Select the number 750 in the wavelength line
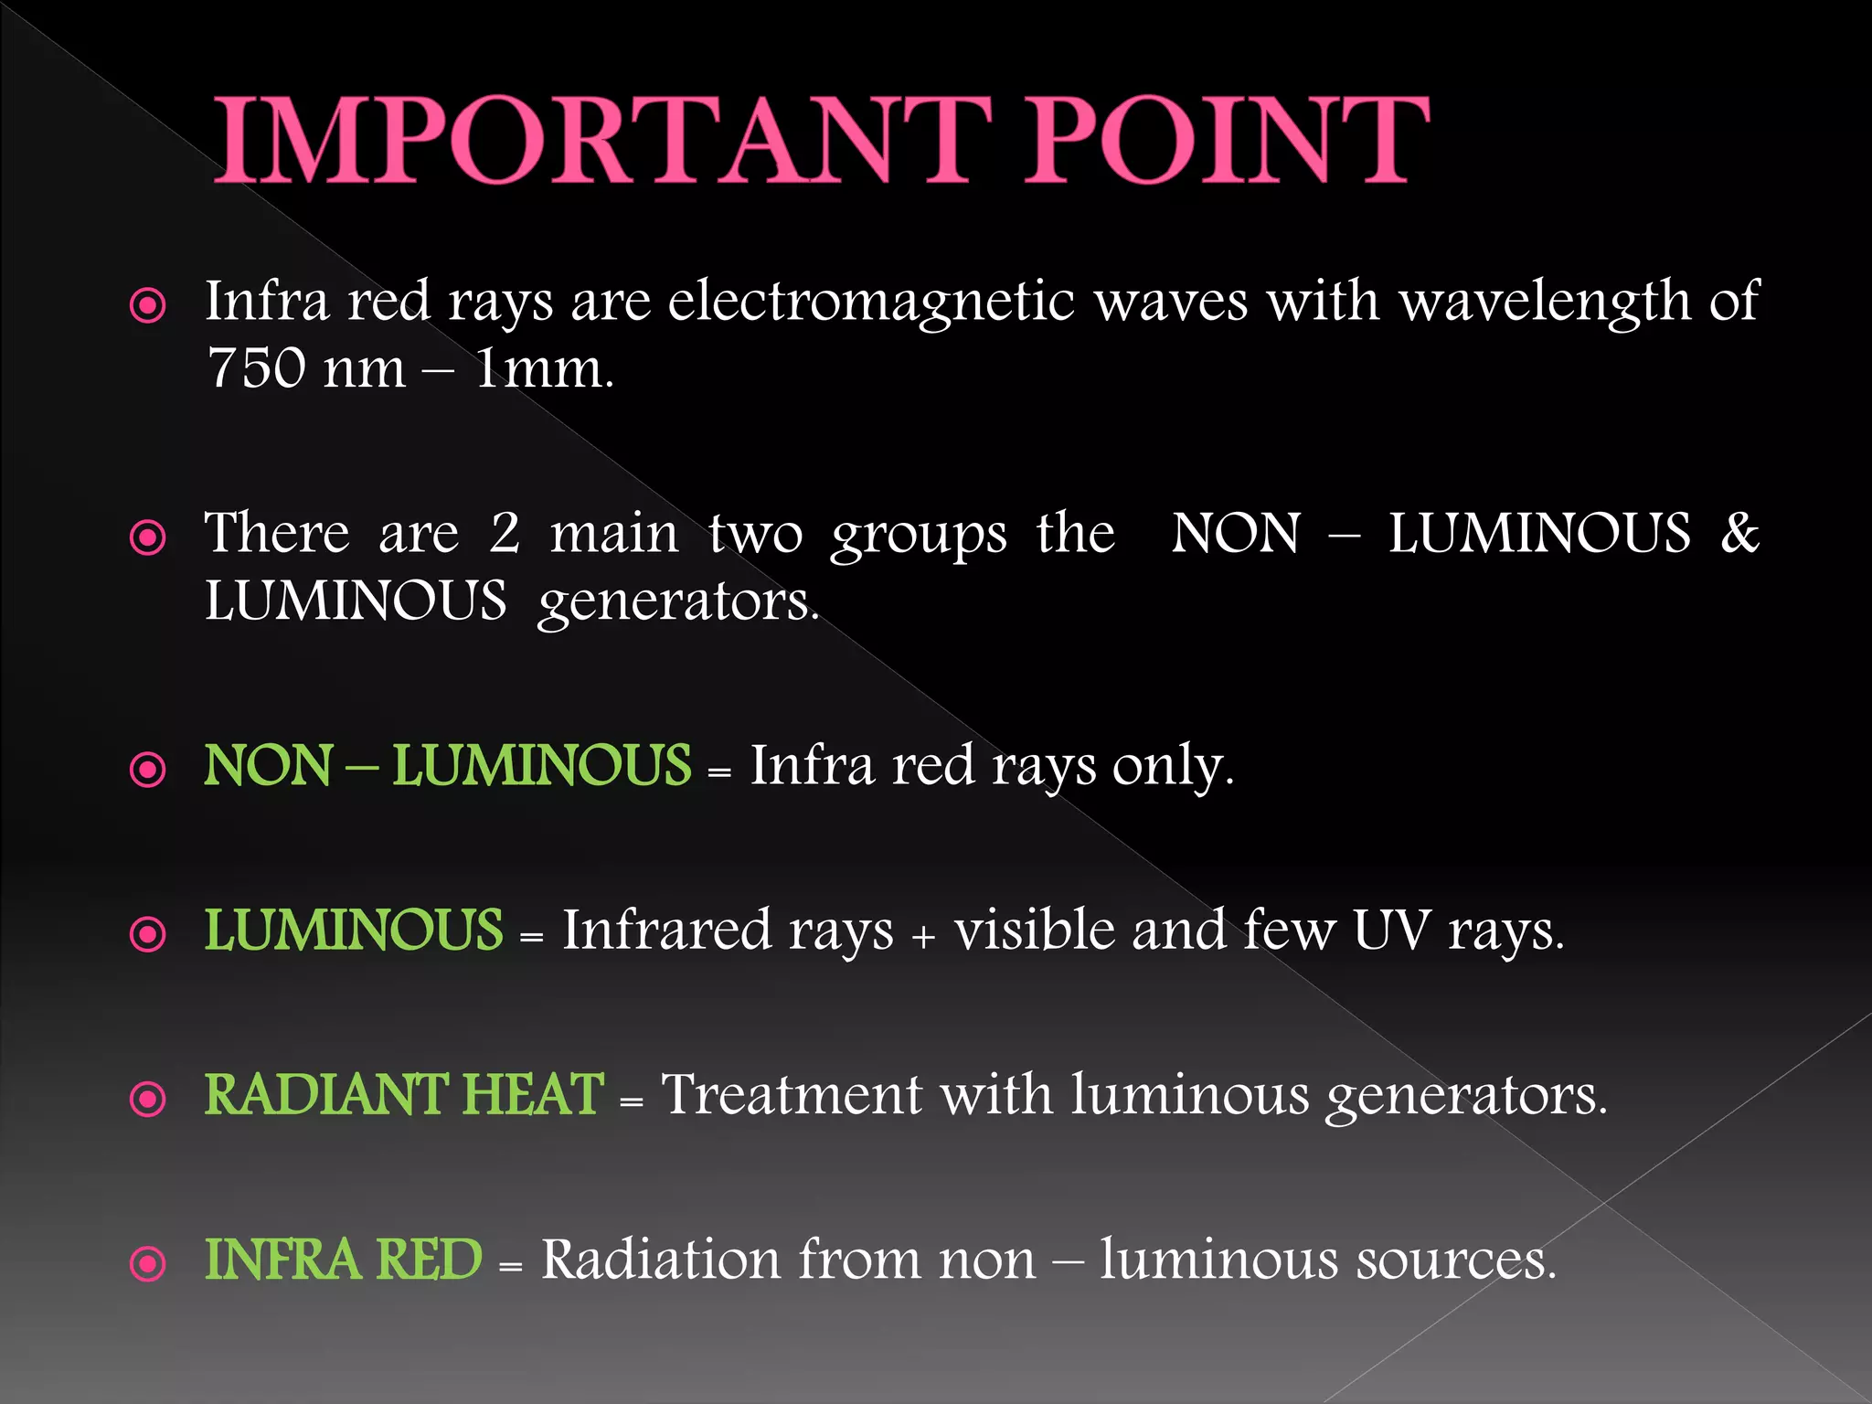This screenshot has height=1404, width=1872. click(256, 368)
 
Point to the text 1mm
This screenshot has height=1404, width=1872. click(543, 369)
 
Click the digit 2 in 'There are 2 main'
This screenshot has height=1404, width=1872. click(505, 533)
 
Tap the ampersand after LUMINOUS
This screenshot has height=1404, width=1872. click(1739, 533)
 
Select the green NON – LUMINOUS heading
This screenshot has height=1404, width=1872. click(447, 765)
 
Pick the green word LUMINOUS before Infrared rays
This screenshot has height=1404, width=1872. click(353, 930)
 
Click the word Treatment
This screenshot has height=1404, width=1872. click(792, 1094)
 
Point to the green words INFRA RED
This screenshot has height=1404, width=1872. click(343, 1259)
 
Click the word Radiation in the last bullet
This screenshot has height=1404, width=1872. click(661, 1259)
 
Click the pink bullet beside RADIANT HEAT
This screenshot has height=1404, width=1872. click(148, 1099)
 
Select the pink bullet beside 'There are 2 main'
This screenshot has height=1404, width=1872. click(148, 537)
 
